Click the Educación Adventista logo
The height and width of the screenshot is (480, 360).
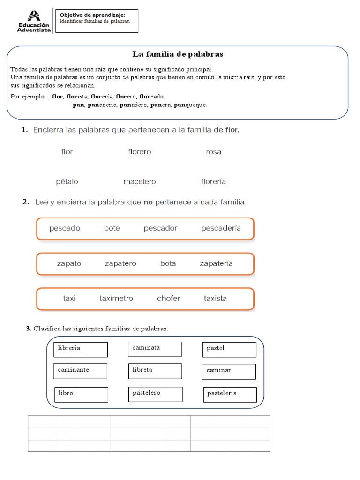coord(34,22)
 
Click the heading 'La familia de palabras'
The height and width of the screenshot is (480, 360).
coord(177,54)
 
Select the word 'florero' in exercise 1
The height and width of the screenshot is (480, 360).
coord(139,152)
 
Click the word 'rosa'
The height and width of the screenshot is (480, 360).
coord(213,152)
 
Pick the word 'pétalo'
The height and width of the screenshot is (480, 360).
coord(67,182)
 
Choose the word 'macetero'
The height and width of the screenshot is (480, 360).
coord(140,182)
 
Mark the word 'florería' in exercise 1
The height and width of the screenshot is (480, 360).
coord(213,182)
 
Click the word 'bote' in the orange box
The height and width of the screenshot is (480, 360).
coord(112,228)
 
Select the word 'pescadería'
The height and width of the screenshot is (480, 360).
coord(221,228)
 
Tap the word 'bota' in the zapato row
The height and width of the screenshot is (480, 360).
coord(168,263)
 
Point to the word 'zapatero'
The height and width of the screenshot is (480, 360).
coord(120,263)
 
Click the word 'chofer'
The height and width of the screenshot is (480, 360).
coord(168,299)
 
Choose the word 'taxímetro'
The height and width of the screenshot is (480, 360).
coord(116,299)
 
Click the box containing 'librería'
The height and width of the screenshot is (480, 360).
coord(81,349)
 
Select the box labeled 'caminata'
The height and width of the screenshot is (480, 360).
coord(155,349)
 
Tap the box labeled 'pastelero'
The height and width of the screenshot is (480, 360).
coord(155,394)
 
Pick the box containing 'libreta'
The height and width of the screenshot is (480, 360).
coord(155,371)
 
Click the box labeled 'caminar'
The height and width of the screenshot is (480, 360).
coord(229,371)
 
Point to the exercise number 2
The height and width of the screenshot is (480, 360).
coord(26,202)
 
